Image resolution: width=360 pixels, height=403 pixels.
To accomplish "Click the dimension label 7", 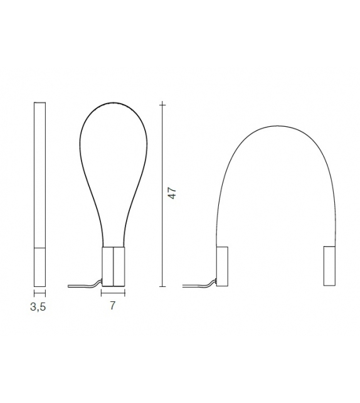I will pyautogui.click(x=113, y=307).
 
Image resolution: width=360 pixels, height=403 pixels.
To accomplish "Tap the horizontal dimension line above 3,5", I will pyautogui.click(x=40, y=293).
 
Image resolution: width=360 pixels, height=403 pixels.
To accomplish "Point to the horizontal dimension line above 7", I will pyautogui.click(x=113, y=293).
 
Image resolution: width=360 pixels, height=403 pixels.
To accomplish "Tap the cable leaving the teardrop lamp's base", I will pyautogui.click(x=85, y=286).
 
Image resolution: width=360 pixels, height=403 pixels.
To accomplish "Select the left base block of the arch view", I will pyautogui.click(x=222, y=267).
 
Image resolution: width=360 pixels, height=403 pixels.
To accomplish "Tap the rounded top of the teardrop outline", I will pyautogui.click(x=113, y=102).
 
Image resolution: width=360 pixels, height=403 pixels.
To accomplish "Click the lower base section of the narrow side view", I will pyautogui.click(x=40, y=267).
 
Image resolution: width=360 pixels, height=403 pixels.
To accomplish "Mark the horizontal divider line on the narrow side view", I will pyautogui.click(x=40, y=247).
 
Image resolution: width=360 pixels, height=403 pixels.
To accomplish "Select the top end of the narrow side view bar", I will pyautogui.click(x=40, y=102).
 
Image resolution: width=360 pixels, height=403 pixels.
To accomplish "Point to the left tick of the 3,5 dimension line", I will pyautogui.click(x=34, y=293).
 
